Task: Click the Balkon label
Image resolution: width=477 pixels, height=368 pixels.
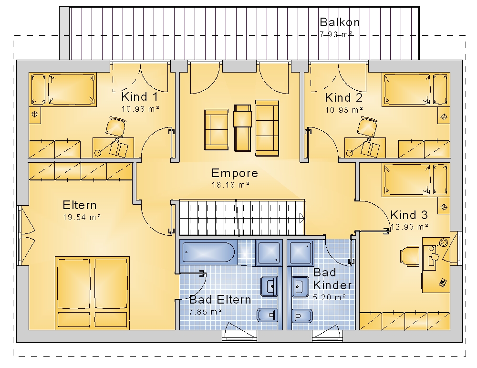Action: [x=340, y=22]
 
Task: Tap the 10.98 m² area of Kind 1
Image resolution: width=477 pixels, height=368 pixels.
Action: [x=141, y=109]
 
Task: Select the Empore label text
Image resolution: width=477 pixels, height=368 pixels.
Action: [x=235, y=173]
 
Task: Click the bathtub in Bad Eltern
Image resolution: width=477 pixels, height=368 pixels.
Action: [x=208, y=252]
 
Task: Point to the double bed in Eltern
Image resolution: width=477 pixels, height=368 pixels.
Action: [x=92, y=293]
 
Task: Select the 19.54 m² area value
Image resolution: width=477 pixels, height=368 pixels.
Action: [x=82, y=217]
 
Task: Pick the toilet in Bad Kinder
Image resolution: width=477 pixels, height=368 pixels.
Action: [x=302, y=315]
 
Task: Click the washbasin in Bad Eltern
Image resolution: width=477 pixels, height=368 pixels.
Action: [x=269, y=286]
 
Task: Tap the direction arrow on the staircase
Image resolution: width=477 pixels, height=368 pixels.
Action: [x=302, y=218]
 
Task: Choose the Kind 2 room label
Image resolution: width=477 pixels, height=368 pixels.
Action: [x=344, y=98]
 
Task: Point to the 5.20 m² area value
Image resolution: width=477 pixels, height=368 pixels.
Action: [x=330, y=297]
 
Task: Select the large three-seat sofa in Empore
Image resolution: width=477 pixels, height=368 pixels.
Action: [x=267, y=128]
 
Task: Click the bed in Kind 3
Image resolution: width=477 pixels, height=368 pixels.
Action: [x=416, y=179]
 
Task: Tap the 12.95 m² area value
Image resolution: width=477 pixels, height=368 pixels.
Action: [x=410, y=227]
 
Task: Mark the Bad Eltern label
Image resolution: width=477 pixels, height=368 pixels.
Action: [x=220, y=300]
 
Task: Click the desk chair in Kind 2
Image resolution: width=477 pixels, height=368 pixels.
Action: [x=367, y=126]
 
